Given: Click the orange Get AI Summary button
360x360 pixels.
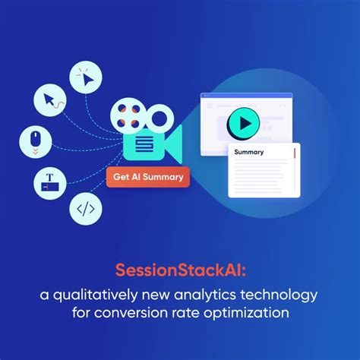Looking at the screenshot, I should (149, 178).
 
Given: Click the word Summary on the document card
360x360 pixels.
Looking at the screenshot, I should (249, 152).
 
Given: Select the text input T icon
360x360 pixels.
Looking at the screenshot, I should (49, 182).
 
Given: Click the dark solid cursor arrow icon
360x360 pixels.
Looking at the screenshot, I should (50, 99).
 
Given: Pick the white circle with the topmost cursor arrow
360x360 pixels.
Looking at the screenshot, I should (85, 77).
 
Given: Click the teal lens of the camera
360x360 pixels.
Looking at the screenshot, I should (173, 144).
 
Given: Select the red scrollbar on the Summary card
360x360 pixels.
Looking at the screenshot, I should (293, 156).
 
